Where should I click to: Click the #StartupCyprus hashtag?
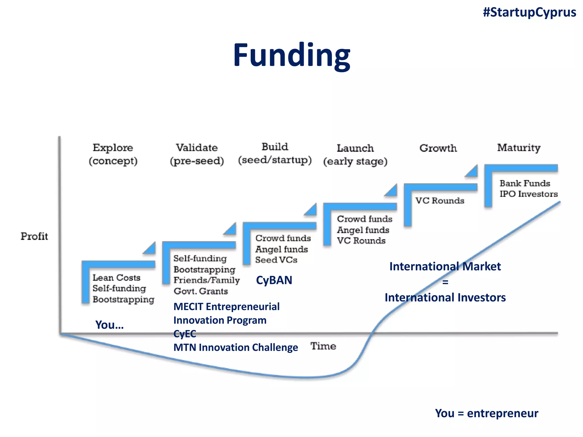pyautogui.click(x=529, y=13)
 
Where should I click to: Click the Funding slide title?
pyautogui.click(x=291, y=55)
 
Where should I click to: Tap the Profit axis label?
pyautogui.click(x=34, y=236)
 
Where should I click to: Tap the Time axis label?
pyautogui.click(x=323, y=346)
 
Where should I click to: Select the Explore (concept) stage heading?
pyautogui.click(x=113, y=154)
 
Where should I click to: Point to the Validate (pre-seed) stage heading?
pyautogui.click(x=197, y=154)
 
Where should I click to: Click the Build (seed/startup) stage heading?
pyautogui.click(x=275, y=154)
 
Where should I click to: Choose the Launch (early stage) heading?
pyautogui.click(x=355, y=155)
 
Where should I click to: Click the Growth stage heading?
pyautogui.click(x=438, y=148)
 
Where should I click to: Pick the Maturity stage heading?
pyautogui.click(x=519, y=148)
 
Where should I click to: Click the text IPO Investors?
pyautogui.click(x=528, y=194)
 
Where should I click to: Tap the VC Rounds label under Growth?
pyautogui.click(x=440, y=201)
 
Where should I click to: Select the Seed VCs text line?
pyautogui.click(x=276, y=260)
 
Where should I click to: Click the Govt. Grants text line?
pyautogui.click(x=201, y=291)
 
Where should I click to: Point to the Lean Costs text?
pyautogui.click(x=116, y=278)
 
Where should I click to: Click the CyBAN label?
pyautogui.click(x=274, y=280)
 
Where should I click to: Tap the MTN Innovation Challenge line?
pyautogui.click(x=236, y=347)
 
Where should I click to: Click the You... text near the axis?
pyautogui.click(x=109, y=325)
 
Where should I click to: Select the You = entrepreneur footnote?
pyautogui.click(x=486, y=413)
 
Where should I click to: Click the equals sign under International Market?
pyautogui.click(x=445, y=282)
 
